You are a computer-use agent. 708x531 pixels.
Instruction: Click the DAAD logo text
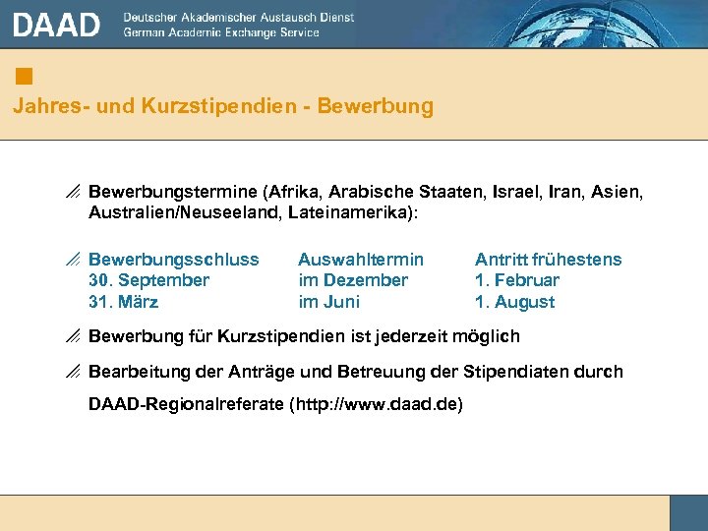pyautogui.click(x=57, y=25)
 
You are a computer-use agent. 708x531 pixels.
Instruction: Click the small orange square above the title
pyautogui.click(x=25, y=76)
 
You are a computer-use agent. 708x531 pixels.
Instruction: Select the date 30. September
pyautogui.click(x=148, y=280)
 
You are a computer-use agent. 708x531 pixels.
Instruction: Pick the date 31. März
pyautogui.click(x=123, y=302)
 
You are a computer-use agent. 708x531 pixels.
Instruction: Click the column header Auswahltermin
pyautogui.click(x=361, y=260)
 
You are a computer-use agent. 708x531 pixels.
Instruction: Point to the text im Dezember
pyautogui.click(x=353, y=280)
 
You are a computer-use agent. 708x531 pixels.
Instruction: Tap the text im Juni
pyautogui.click(x=328, y=302)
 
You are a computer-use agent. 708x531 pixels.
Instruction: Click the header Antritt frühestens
pyautogui.click(x=548, y=260)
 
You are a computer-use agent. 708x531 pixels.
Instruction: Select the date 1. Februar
pyautogui.click(x=517, y=280)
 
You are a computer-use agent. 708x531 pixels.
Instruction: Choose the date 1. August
pyautogui.click(x=514, y=302)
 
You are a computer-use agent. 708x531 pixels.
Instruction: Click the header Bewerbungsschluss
pyautogui.click(x=174, y=260)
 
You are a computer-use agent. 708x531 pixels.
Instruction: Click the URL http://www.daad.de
pyautogui.click(x=376, y=404)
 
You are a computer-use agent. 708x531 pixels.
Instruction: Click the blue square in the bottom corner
pyautogui.click(x=688, y=512)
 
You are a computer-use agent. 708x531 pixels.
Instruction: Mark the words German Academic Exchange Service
pyautogui.click(x=221, y=32)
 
